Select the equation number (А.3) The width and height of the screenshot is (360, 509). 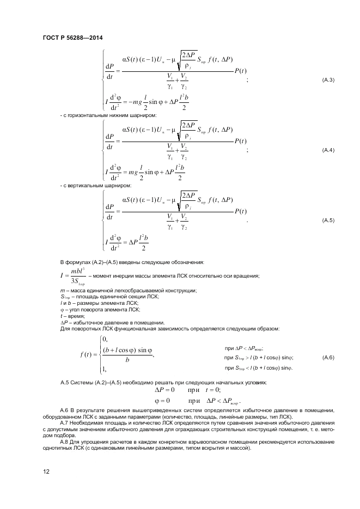(328, 80)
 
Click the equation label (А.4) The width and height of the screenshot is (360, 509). (328, 150)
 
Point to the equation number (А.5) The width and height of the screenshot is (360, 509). (328, 220)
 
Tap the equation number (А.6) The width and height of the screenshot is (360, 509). (328, 357)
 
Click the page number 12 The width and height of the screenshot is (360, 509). (46, 471)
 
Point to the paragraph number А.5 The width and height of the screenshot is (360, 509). (65, 383)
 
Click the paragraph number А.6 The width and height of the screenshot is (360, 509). (65, 409)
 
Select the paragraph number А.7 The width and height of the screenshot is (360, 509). (65, 423)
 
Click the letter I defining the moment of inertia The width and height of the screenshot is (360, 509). (64, 276)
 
